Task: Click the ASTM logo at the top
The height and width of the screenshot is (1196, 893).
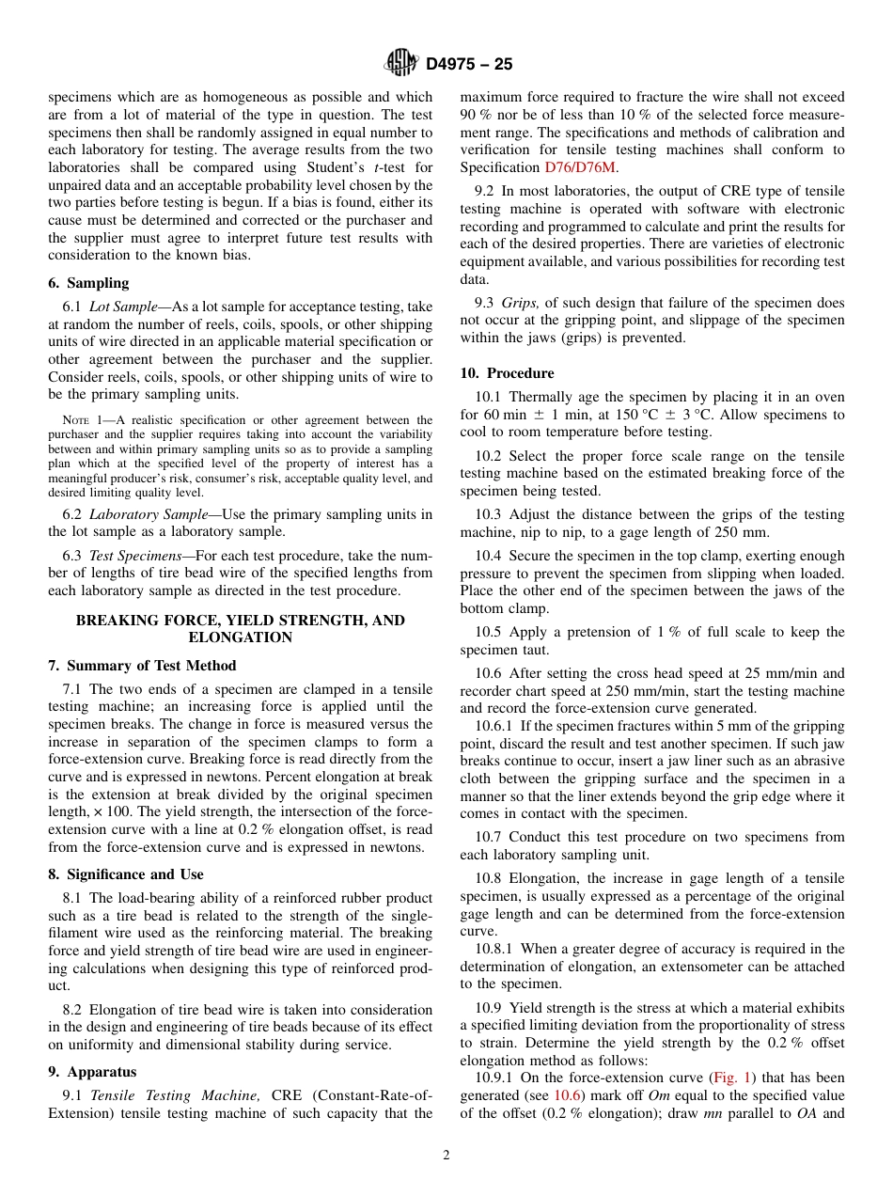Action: pos(401,63)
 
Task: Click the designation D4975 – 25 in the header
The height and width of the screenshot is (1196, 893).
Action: pos(469,64)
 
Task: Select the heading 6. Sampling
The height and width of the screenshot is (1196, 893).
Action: pos(88,283)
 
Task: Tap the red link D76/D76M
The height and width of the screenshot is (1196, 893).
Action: pos(580,167)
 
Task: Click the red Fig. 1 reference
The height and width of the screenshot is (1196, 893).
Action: pos(733,1078)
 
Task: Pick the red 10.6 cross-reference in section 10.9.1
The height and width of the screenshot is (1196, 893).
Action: pos(567,1095)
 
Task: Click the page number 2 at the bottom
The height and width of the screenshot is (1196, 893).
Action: pos(446,1156)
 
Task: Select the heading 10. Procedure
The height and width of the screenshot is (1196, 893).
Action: pos(508,373)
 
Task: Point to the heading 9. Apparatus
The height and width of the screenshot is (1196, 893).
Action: pos(92,1072)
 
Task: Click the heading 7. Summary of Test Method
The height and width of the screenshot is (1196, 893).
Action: pos(142,666)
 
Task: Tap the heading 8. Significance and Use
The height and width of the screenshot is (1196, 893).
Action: pos(126,874)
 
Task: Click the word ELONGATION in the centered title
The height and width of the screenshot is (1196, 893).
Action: pos(240,637)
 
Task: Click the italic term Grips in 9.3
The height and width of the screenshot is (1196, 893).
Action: pos(520,303)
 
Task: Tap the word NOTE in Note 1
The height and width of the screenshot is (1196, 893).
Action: pos(76,420)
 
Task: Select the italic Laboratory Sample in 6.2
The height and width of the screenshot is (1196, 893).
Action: pos(142,514)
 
